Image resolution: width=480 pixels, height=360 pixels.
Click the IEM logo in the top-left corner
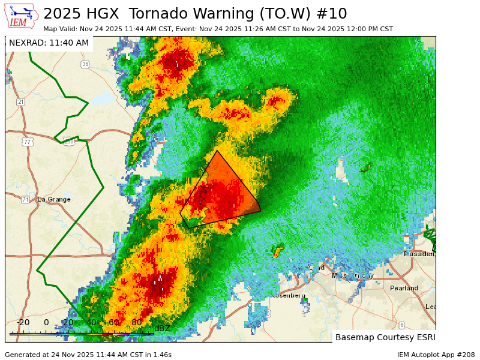(21, 16)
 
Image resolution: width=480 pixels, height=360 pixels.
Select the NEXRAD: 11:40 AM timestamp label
(49, 43)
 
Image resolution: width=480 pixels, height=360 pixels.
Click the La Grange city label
(54, 199)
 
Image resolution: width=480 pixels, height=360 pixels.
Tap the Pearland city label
(404, 288)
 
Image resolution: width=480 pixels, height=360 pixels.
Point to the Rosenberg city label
(287, 295)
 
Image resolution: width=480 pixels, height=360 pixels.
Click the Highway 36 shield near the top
(85, 64)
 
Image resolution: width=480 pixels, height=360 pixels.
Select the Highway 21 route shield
(21, 102)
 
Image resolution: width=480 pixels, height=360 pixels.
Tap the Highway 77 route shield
(28, 142)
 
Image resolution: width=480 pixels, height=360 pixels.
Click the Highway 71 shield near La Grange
(25, 199)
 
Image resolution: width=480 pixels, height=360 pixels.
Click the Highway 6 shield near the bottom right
(401, 325)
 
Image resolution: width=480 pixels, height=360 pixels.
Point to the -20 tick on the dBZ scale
(23, 323)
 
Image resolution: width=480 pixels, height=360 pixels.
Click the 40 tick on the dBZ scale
(91, 323)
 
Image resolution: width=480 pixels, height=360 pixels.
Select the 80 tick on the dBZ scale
(137, 323)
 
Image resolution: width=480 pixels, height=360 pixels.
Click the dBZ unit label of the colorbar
(162, 328)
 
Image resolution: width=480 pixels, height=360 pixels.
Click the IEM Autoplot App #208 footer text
(436, 355)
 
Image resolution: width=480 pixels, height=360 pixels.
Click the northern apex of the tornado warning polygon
(217, 151)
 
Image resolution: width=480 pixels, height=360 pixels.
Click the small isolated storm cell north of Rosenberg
(277, 250)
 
